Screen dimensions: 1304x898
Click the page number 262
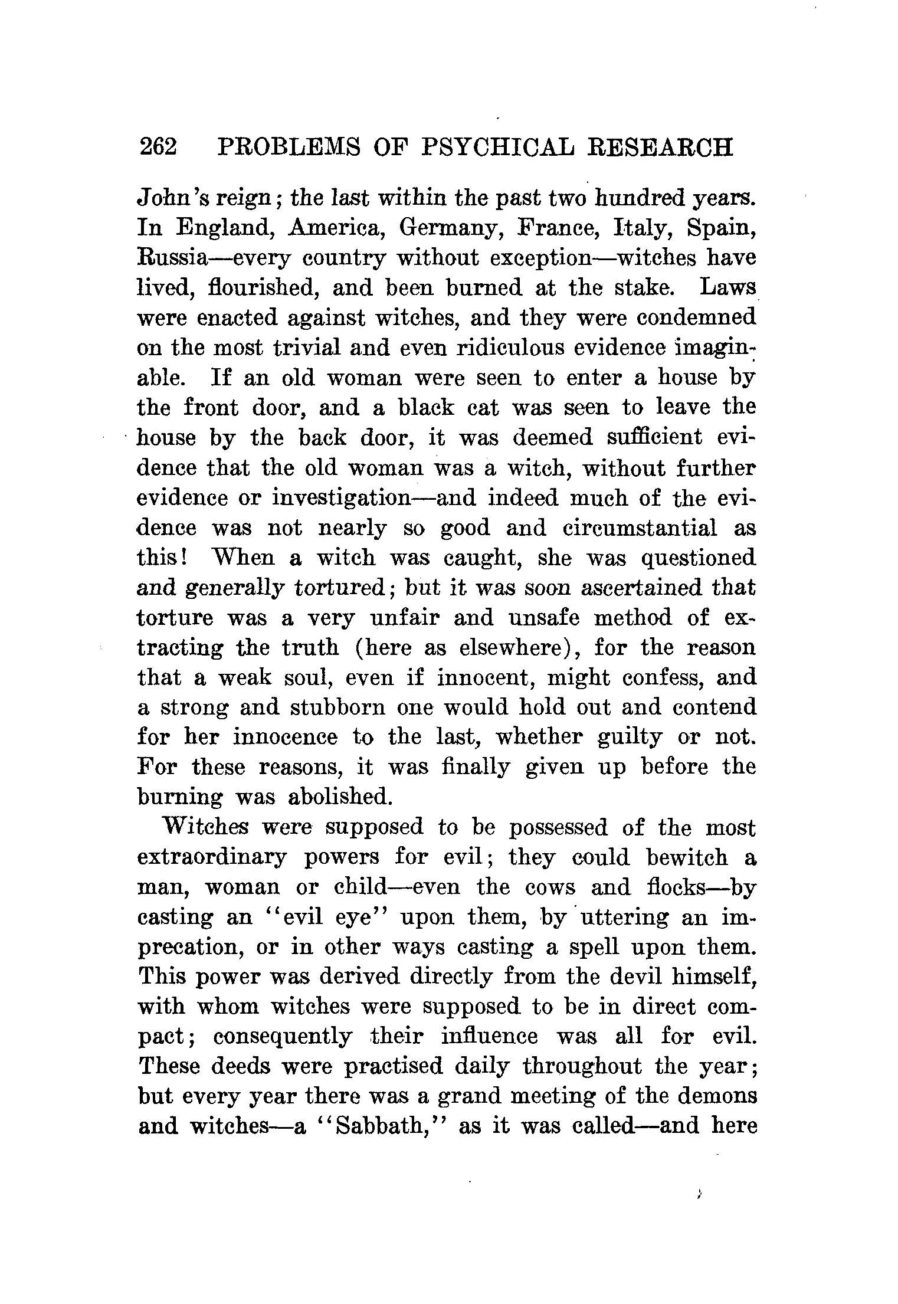click(x=158, y=148)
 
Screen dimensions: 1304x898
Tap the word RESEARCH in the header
click(x=661, y=148)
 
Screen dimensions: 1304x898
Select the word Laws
click(x=727, y=288)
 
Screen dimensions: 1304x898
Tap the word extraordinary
click(x=212, y=857)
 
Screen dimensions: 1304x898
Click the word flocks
click(x=680, y=887)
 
